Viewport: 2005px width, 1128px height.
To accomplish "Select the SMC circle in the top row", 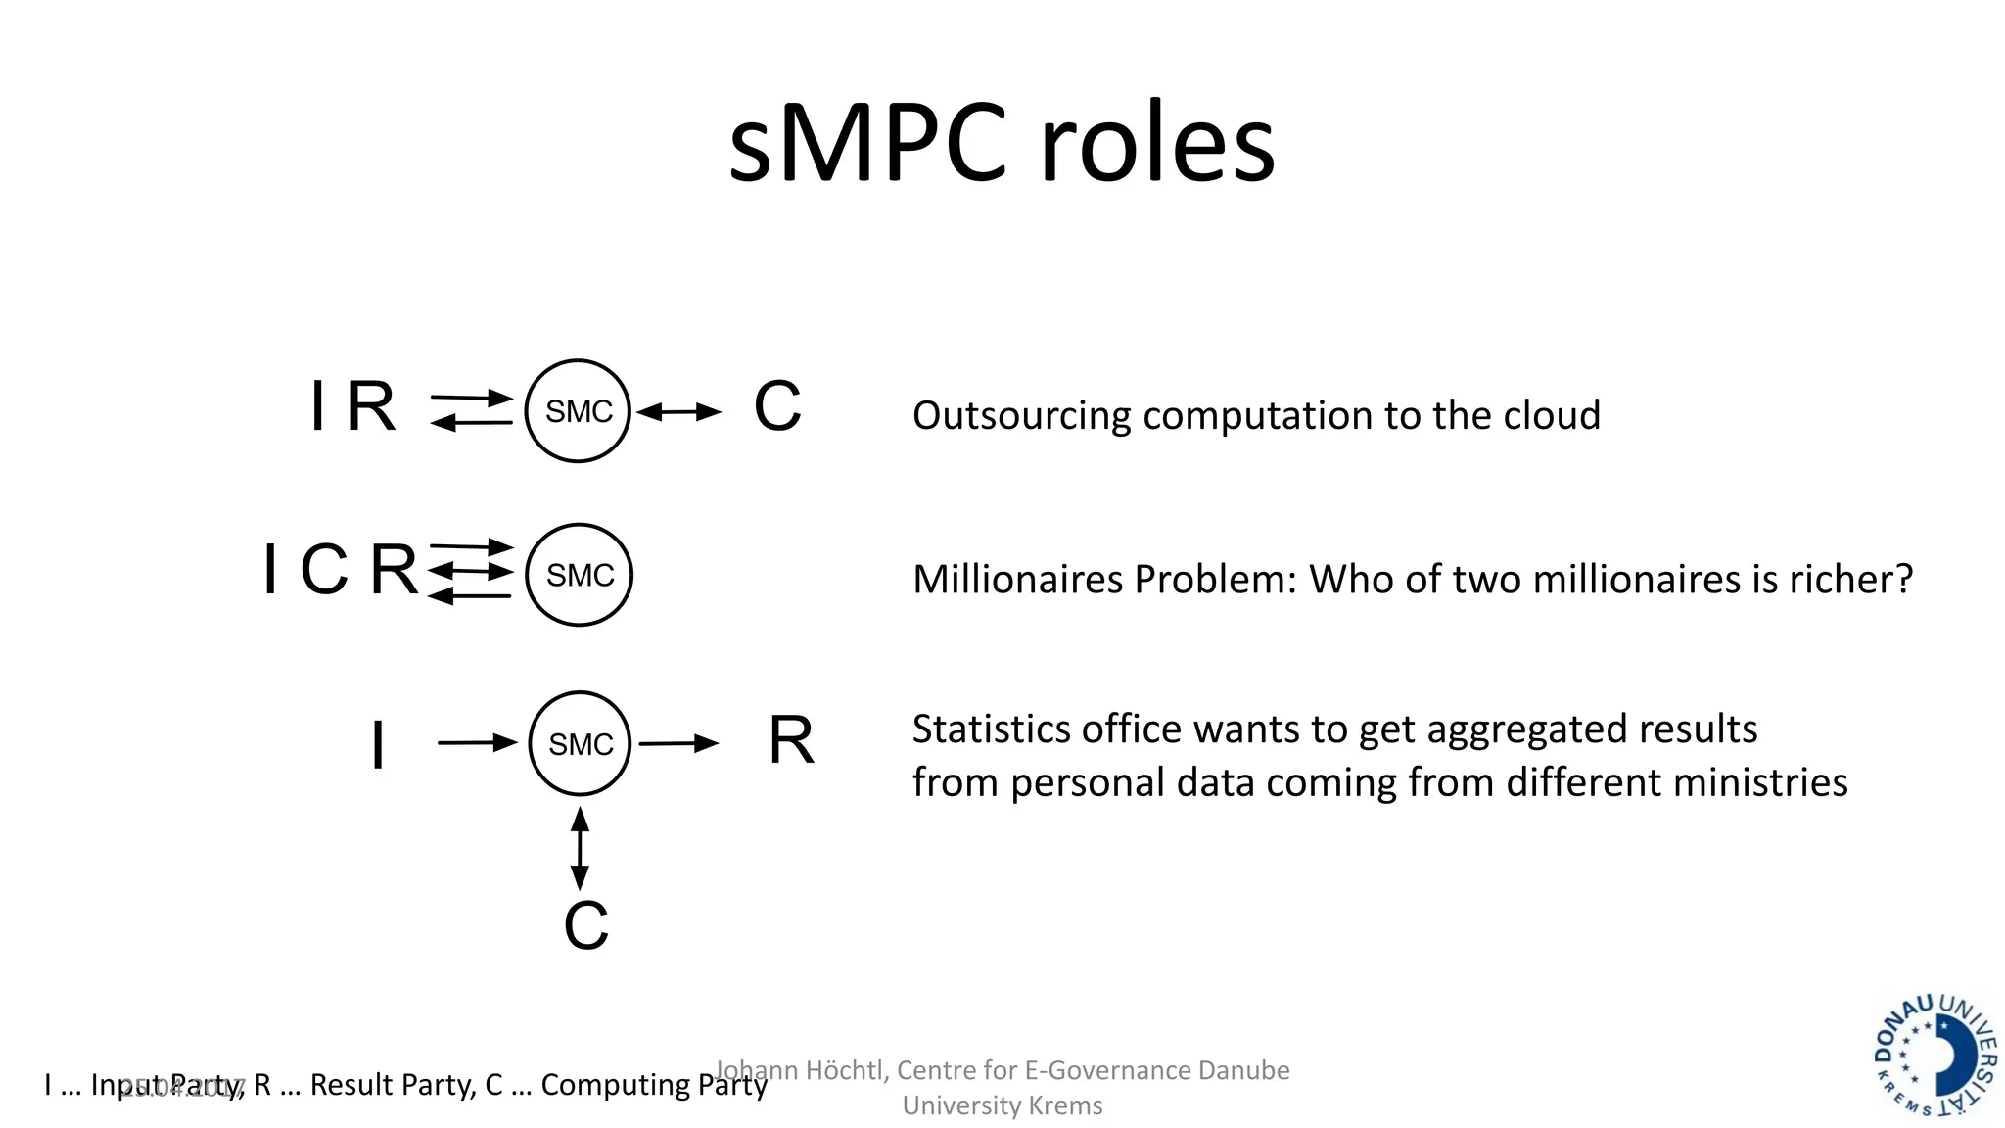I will click(578, 411).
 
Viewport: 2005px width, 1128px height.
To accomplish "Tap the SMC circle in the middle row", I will click(579, 575).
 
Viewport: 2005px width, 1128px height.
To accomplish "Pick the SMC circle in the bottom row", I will click(580, 744).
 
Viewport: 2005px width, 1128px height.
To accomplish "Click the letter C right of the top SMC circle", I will click(777, 406).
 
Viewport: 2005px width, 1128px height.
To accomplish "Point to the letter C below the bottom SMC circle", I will click(585, 925).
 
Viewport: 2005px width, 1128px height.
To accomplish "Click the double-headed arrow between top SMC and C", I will click(678, 412).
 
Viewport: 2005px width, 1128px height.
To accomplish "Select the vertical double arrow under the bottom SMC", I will click(580, 848).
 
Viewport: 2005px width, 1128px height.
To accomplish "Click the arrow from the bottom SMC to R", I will click(678, 744).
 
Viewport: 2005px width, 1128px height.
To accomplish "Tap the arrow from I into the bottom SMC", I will click(477, 743).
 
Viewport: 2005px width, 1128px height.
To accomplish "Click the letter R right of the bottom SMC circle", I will click(791, 740).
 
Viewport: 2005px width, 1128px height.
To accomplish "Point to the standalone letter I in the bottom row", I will click(378, 745).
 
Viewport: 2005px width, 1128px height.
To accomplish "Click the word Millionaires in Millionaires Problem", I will click(1018, 580).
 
